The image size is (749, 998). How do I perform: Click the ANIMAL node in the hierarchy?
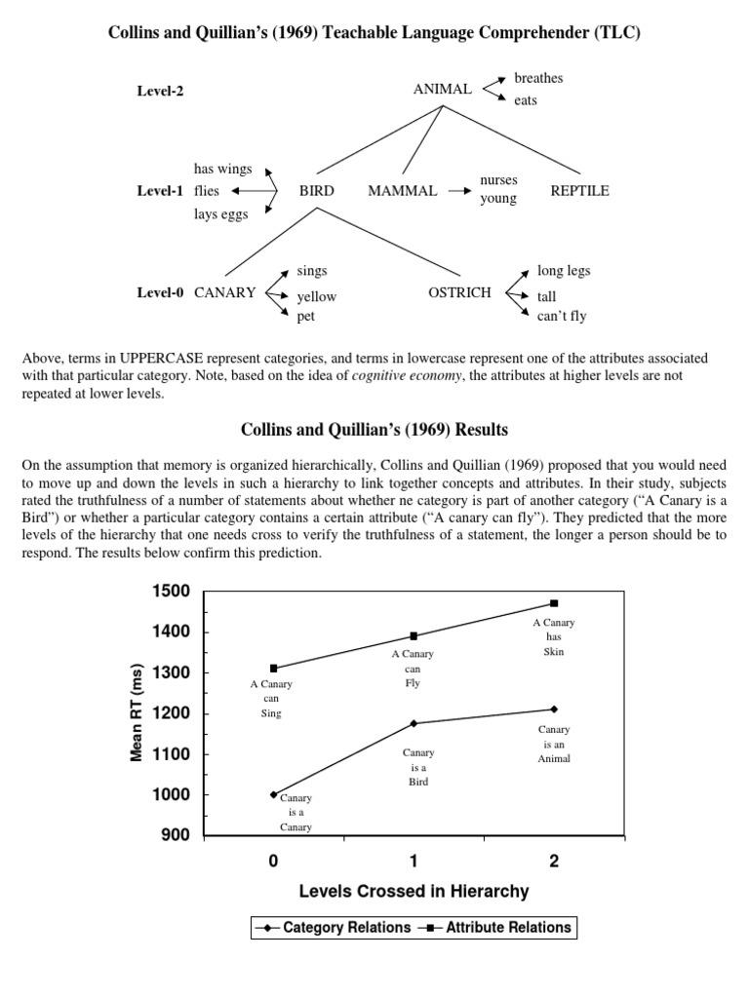tap(443, 90)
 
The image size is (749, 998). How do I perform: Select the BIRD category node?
tap(317, 191)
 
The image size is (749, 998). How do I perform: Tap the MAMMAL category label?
tap(402, 191)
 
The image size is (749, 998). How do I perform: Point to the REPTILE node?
tap(579, 191)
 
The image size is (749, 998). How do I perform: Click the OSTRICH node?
tap(459, 292)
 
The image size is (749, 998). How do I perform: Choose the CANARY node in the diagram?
tap(225, 292)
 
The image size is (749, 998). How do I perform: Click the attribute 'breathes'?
tap(538, 78)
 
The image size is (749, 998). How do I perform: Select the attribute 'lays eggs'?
tap(220, 214)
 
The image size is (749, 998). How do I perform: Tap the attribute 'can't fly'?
tap(562, 316)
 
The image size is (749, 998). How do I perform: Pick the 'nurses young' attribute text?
tap(498, 190)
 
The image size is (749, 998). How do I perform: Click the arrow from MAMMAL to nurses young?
tap(459, 192)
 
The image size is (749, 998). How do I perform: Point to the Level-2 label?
tap(160, 91)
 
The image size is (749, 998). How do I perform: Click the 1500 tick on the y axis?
tap(172, 592)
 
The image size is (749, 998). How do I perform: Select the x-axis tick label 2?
tap(554, 862)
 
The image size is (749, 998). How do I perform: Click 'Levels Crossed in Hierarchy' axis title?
tap(414, 891)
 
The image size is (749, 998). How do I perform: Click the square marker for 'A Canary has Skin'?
tap(554, 603)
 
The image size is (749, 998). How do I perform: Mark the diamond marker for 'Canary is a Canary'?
tap(274, 794)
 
